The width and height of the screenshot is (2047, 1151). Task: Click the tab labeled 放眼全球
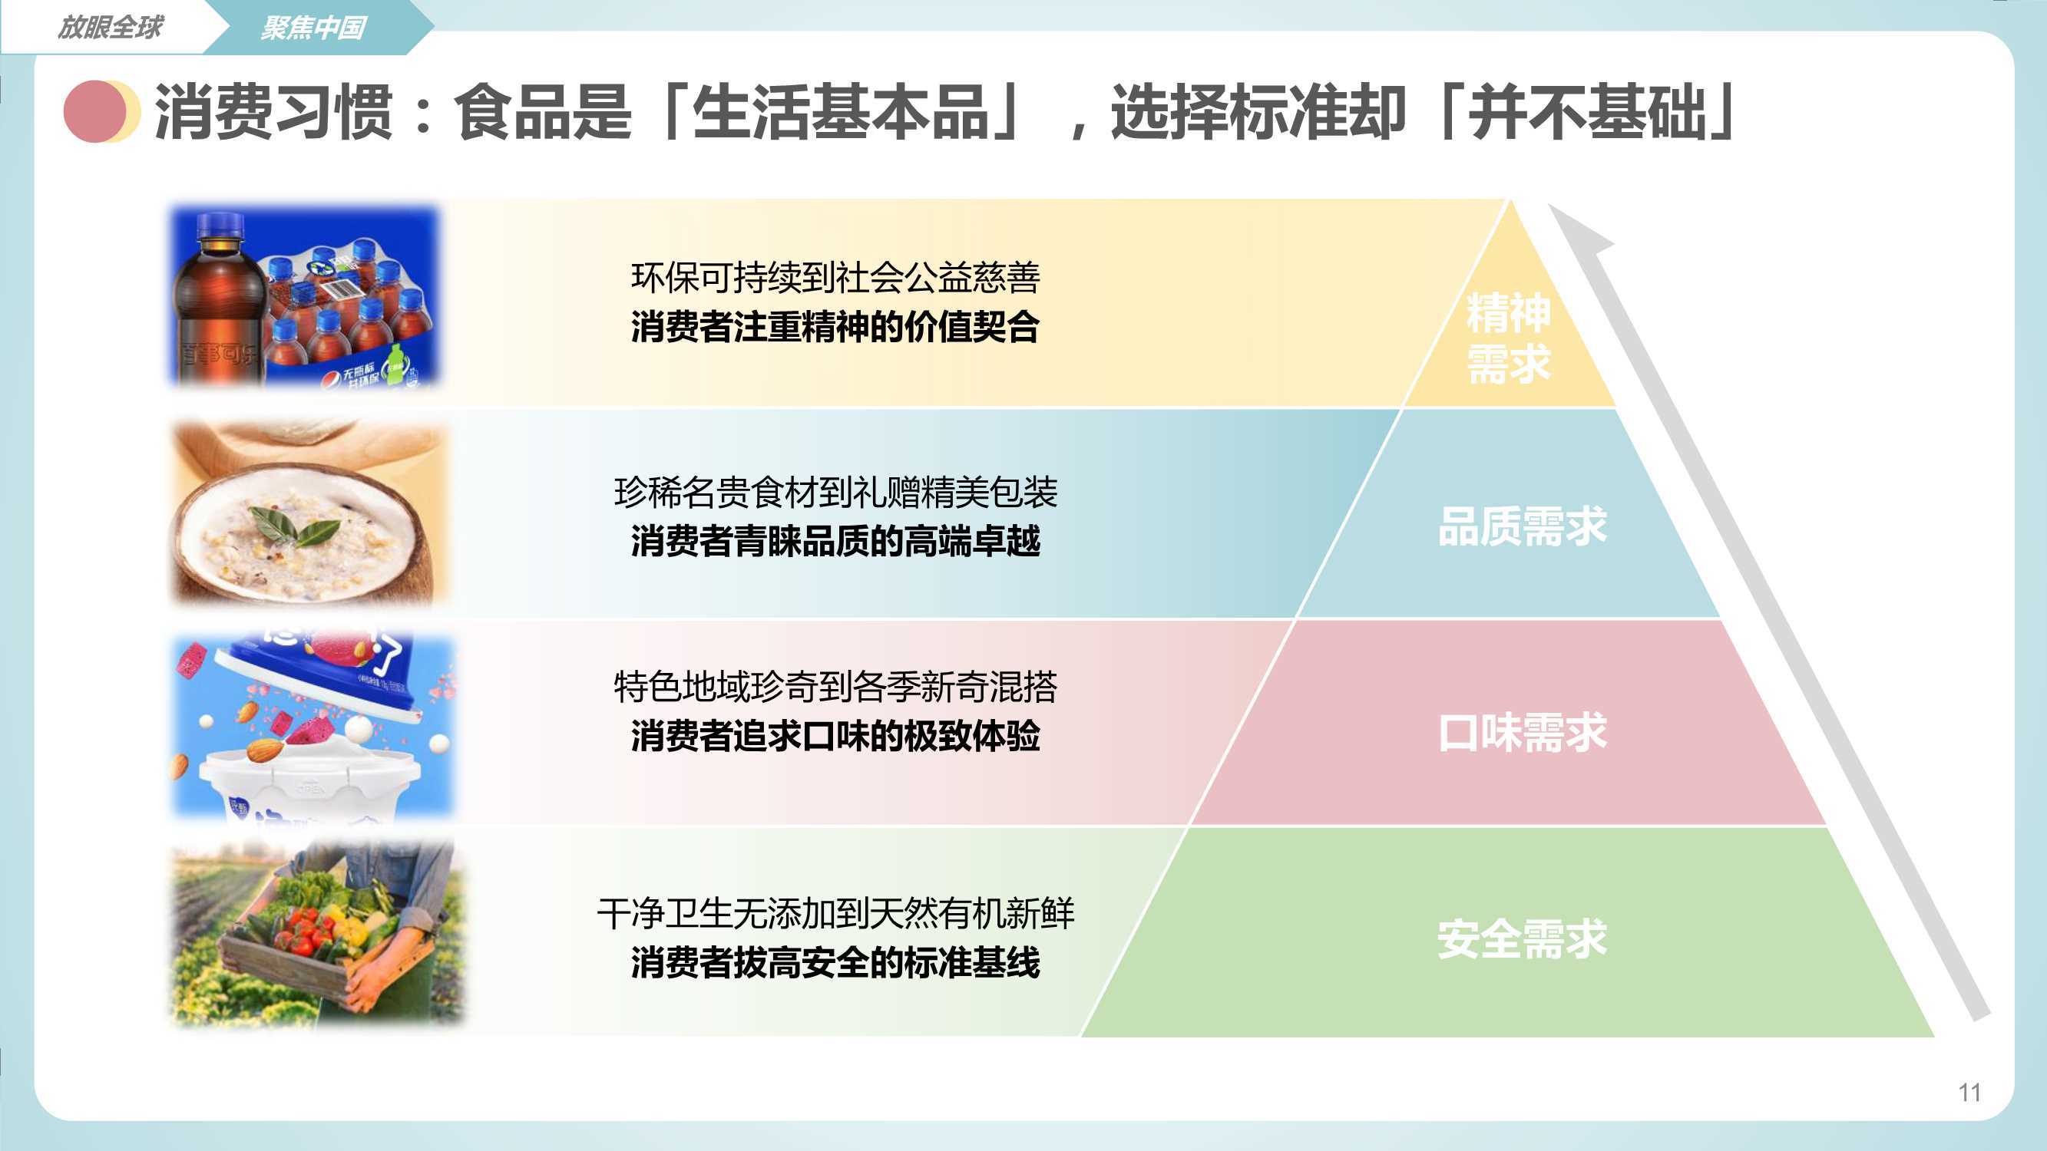[110, 27]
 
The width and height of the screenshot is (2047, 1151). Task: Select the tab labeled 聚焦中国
[314, 28]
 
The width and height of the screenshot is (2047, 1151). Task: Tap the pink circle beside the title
[94, 111]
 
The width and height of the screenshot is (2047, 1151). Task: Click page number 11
[1969, 1092]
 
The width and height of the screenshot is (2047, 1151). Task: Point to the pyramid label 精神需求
[1508, 338]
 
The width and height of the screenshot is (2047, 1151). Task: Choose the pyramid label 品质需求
[1522, 526]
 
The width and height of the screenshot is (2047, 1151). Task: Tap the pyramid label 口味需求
[1522, 732]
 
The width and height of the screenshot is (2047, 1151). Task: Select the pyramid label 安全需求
[1522, 938]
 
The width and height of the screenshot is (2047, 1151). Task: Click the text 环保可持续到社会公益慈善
[835, 277]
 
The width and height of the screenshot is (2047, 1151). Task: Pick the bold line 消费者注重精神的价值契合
[835, 326]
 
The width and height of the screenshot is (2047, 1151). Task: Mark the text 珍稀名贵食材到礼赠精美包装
[835, 493]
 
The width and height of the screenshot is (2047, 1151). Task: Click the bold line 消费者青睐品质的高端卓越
[835, 542]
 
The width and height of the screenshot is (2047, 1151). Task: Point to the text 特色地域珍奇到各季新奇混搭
[835, 687]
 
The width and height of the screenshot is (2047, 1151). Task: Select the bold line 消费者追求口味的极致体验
[835, 737]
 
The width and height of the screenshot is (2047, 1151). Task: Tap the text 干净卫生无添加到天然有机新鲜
[835, 913]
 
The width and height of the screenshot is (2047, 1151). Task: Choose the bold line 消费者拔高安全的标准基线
[835, 963]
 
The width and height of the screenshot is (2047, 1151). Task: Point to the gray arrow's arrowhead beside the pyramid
[1577, 230]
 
